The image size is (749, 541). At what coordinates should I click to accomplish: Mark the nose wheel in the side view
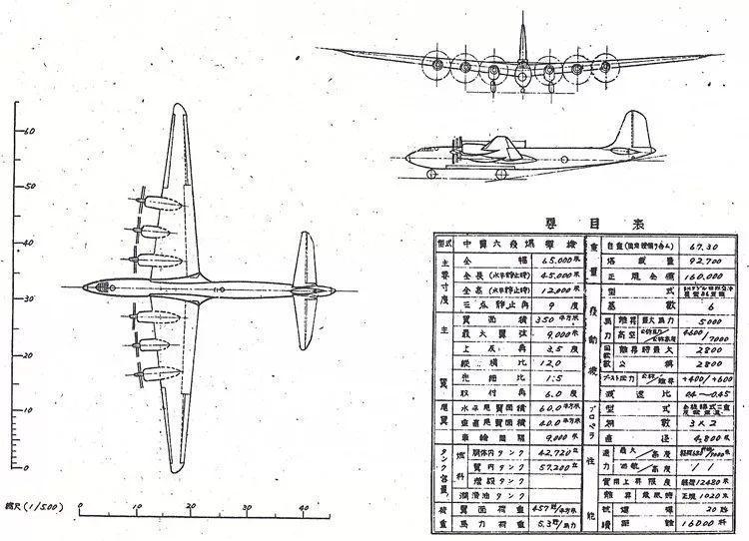click(x=431, y=176)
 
